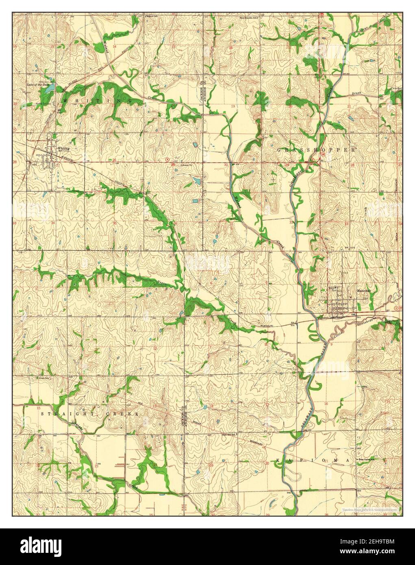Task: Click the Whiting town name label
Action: [63, 148]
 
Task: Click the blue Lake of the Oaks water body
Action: [49, 88]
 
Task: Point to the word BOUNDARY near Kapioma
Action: [252, 443]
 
